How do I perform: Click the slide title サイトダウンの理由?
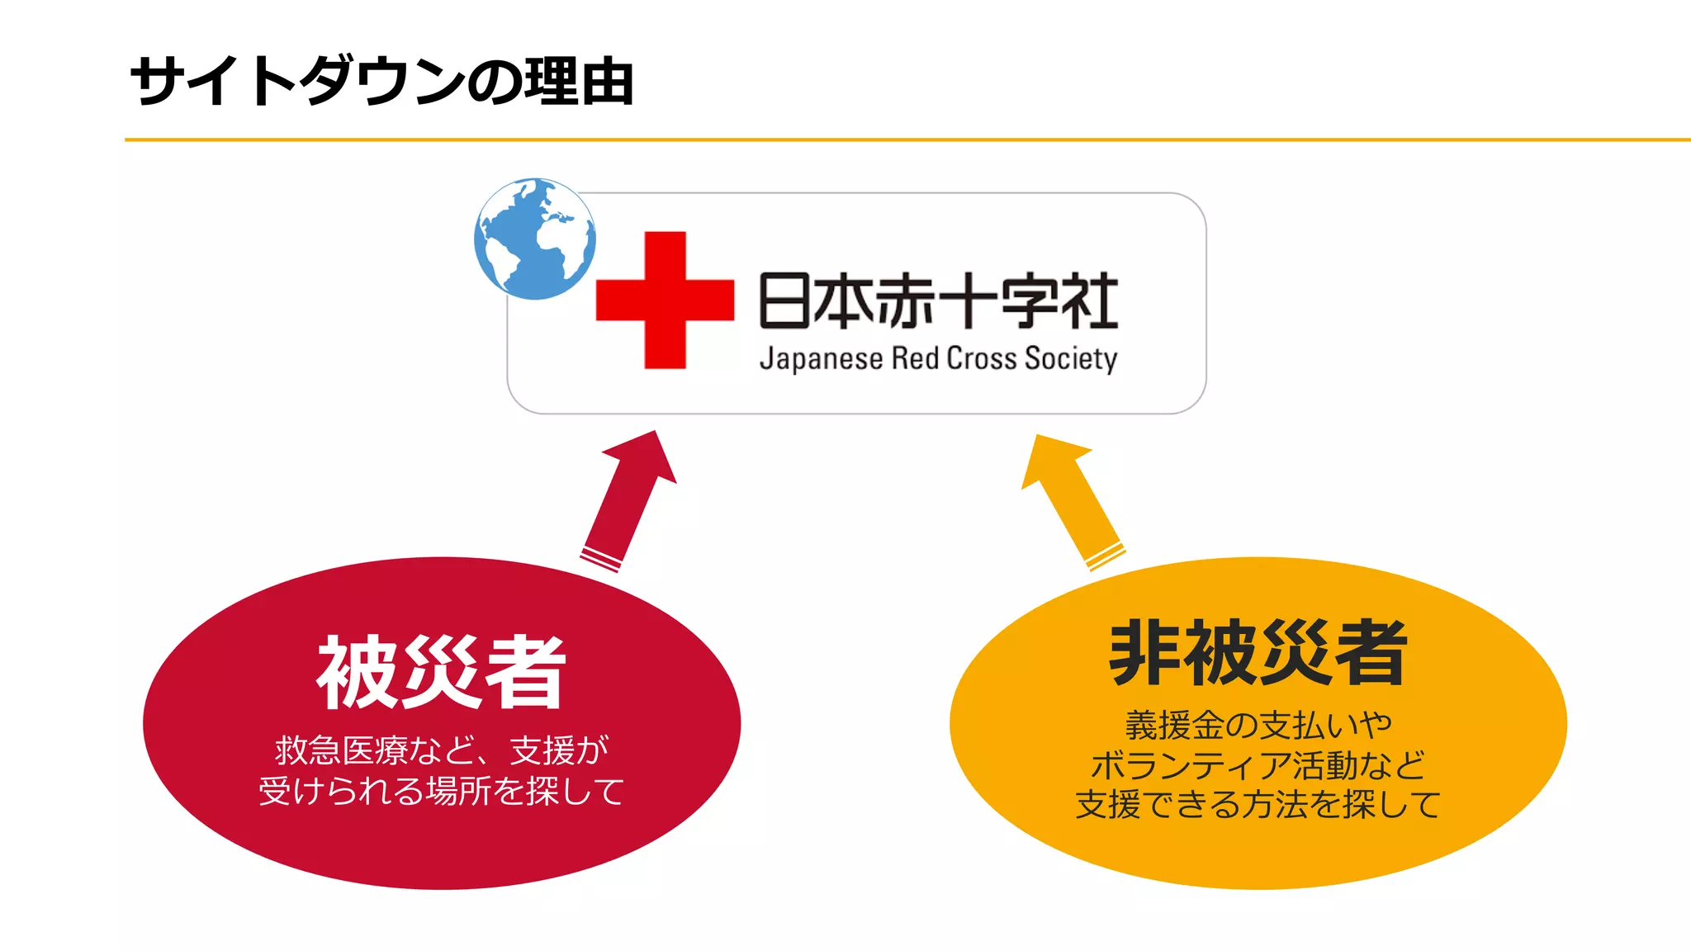pyautogui.click(x=381, y=83)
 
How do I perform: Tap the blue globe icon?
pyautogui.click(x=535, y=239)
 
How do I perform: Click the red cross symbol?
pyautogui.click(x=665, y=299)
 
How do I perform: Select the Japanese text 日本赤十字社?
pyautogui.click(x=938, y=300)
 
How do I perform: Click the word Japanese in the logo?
pyautogui.click(x=821, y=359)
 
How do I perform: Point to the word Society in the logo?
pyautogui.click(x=1070, y=359)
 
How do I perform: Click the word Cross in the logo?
pyautogui.click(x=981, y=359)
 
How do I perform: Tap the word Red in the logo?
pyautogui.click(x=915, y=359)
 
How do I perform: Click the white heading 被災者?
pyautogui.click(x=441, y=673)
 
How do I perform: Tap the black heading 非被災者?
pyautogui.click(x=1258, y=653)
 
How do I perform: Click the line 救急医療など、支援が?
pyautogui.click(x=442, y=750)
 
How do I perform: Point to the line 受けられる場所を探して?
pyautogui.click(x=442, y=791)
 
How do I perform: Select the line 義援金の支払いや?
pyautogui.click(x=1258, y=726)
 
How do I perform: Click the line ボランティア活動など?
pyautogui.click(x=1258, y=765)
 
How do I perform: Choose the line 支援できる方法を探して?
pyautogui.click(x=1258, y=805)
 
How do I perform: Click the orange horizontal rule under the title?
pyautogui.click(x=908, y=140)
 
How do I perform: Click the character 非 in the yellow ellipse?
pyautogui.click(x=1143, y=653)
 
